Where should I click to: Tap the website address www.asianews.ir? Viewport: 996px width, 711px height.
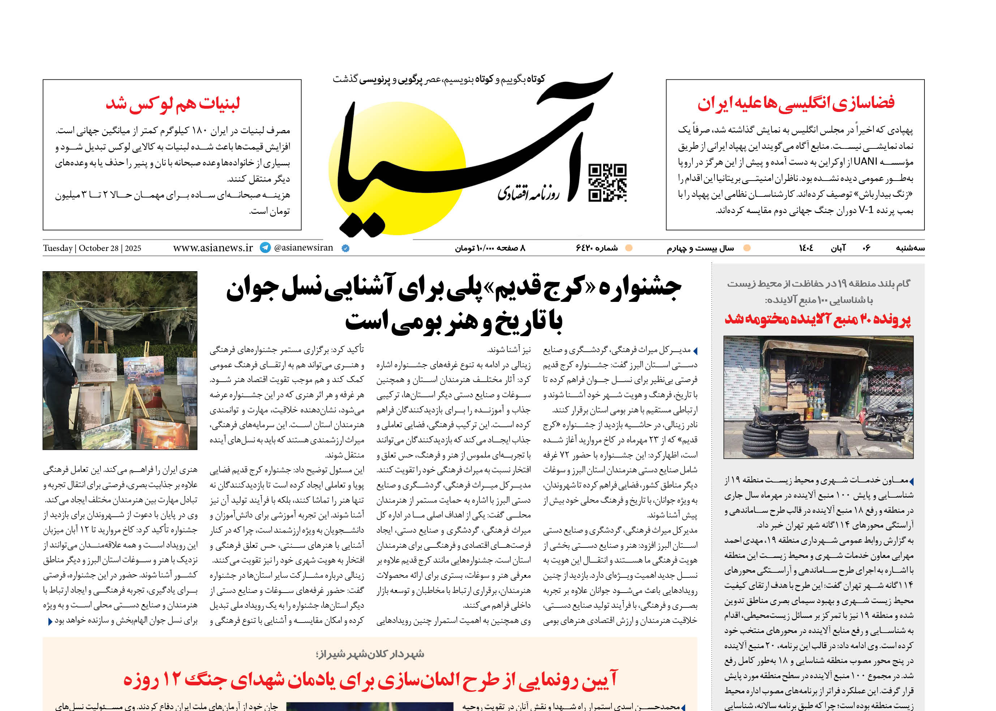click(x=213, y=248)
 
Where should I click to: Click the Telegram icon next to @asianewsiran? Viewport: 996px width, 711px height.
click(x=265, y=248)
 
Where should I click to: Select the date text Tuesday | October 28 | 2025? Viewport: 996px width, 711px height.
click(x=92, y=248)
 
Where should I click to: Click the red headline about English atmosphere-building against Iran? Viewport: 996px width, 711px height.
click(x=795, y=103)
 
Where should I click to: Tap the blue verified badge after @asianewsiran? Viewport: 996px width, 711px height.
click(x=345, y=248)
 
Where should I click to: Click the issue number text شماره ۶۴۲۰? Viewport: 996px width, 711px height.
click(x=596, y=248)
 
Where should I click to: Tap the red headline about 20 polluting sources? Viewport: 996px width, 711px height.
click(x=818, y=319)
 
